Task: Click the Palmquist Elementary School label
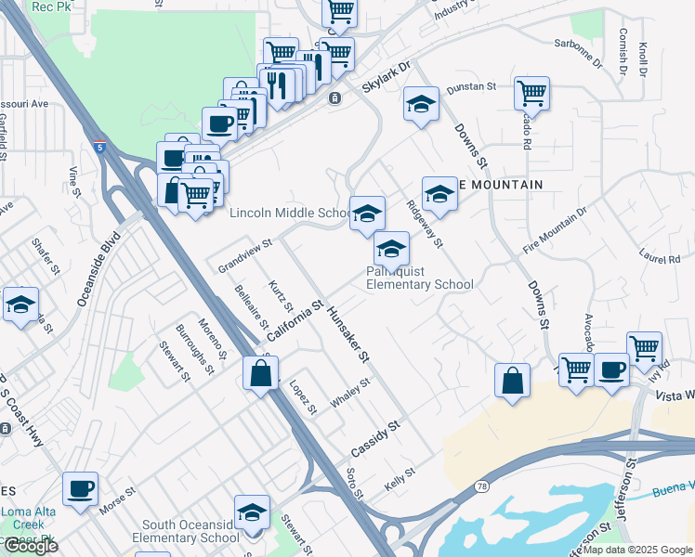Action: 419,278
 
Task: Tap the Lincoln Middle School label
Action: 289,214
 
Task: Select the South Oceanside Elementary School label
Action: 186,530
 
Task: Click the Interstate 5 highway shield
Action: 99,147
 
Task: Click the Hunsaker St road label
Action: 348,331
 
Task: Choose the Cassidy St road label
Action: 374,438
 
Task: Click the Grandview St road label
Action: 243,252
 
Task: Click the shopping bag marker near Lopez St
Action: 260,374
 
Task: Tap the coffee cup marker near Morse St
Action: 80,488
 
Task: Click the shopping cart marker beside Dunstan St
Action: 531,93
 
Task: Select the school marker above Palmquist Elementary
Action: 367,214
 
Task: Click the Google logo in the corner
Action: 31,547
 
